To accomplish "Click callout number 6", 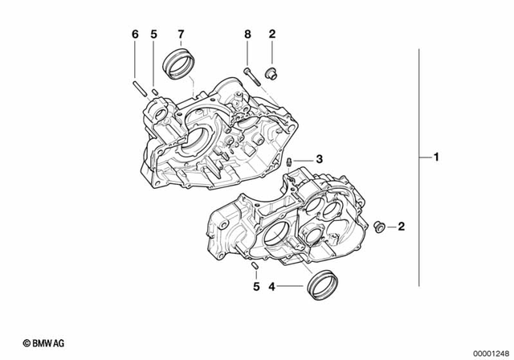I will point(135,34).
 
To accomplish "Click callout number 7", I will point(181,34).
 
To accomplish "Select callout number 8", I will point(248,34).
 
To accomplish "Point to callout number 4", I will point(271,286).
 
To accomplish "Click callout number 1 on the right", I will point(437,158).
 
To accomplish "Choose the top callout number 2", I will point(272,34).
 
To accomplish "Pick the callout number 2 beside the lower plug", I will point(402,227).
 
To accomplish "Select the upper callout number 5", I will point(153,34).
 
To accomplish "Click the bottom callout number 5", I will point(256,286).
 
